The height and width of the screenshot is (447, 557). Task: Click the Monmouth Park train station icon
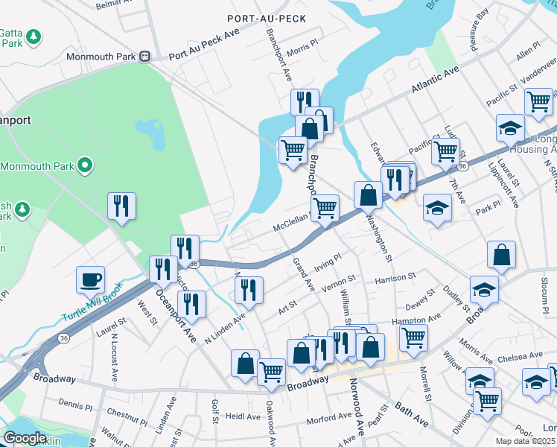147,57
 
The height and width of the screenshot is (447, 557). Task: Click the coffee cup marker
91,281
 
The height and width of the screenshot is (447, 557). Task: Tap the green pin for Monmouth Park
85,165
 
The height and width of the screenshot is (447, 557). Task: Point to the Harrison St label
395,277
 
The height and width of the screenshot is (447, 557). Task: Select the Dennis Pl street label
74,404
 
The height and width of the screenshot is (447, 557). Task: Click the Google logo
25,438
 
